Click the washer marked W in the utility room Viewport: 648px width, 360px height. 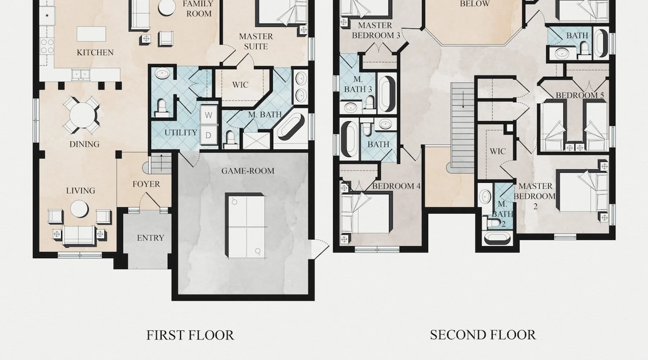(x=209, y=115)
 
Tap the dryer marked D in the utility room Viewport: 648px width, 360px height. (x=209, y=135)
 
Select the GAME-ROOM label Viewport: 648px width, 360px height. (x=248, y=171)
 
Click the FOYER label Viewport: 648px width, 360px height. (x=146, y=184)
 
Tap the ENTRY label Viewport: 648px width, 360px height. (x=150, y=238)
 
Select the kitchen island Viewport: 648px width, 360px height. (x=91, y=34)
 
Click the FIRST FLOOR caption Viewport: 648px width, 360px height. (x=190, y=335)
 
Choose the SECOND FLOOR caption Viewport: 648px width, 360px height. (x=483, y=335)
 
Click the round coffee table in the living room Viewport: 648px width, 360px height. (x=79, y=209)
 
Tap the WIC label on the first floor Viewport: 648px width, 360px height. (x=240, y=85)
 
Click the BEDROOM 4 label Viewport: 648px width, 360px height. (x=396, y=186)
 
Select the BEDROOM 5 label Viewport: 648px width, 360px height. (x=580, y=95)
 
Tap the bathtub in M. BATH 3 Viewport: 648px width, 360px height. (x=387, y=93)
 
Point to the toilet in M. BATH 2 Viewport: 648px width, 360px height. (x=492, y=223)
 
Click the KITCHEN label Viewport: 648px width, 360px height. (x=95, y=53)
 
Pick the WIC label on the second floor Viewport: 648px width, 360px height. (x=498, y=151)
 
